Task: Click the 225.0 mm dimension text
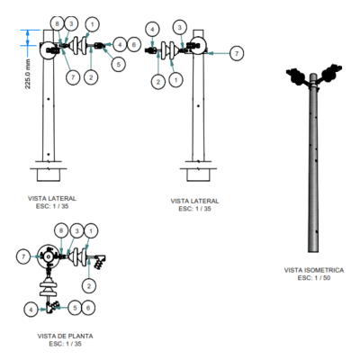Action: (28, 74)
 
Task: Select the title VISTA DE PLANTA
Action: (65, 336)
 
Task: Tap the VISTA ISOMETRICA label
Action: (314, 270)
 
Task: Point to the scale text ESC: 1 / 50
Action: (314, 278)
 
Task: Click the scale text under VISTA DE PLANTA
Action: (65, 344)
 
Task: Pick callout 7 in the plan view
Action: (23, 256)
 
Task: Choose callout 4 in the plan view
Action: (31, 310)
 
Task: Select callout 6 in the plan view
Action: (88, 308)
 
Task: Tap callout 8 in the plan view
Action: (61, 230)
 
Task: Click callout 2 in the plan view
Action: (89, 286)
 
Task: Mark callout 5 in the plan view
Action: (75, 308)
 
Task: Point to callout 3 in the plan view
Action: (76, 230)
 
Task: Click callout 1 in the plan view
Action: (91, 230)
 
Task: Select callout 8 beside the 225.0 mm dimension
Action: (58, 23)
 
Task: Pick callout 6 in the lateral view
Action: (134, 45)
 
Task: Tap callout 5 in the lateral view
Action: (119, 64)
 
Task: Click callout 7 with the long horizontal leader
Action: (237, 53)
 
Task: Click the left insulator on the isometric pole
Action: (297, 77)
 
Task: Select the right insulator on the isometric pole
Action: (331, 72)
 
